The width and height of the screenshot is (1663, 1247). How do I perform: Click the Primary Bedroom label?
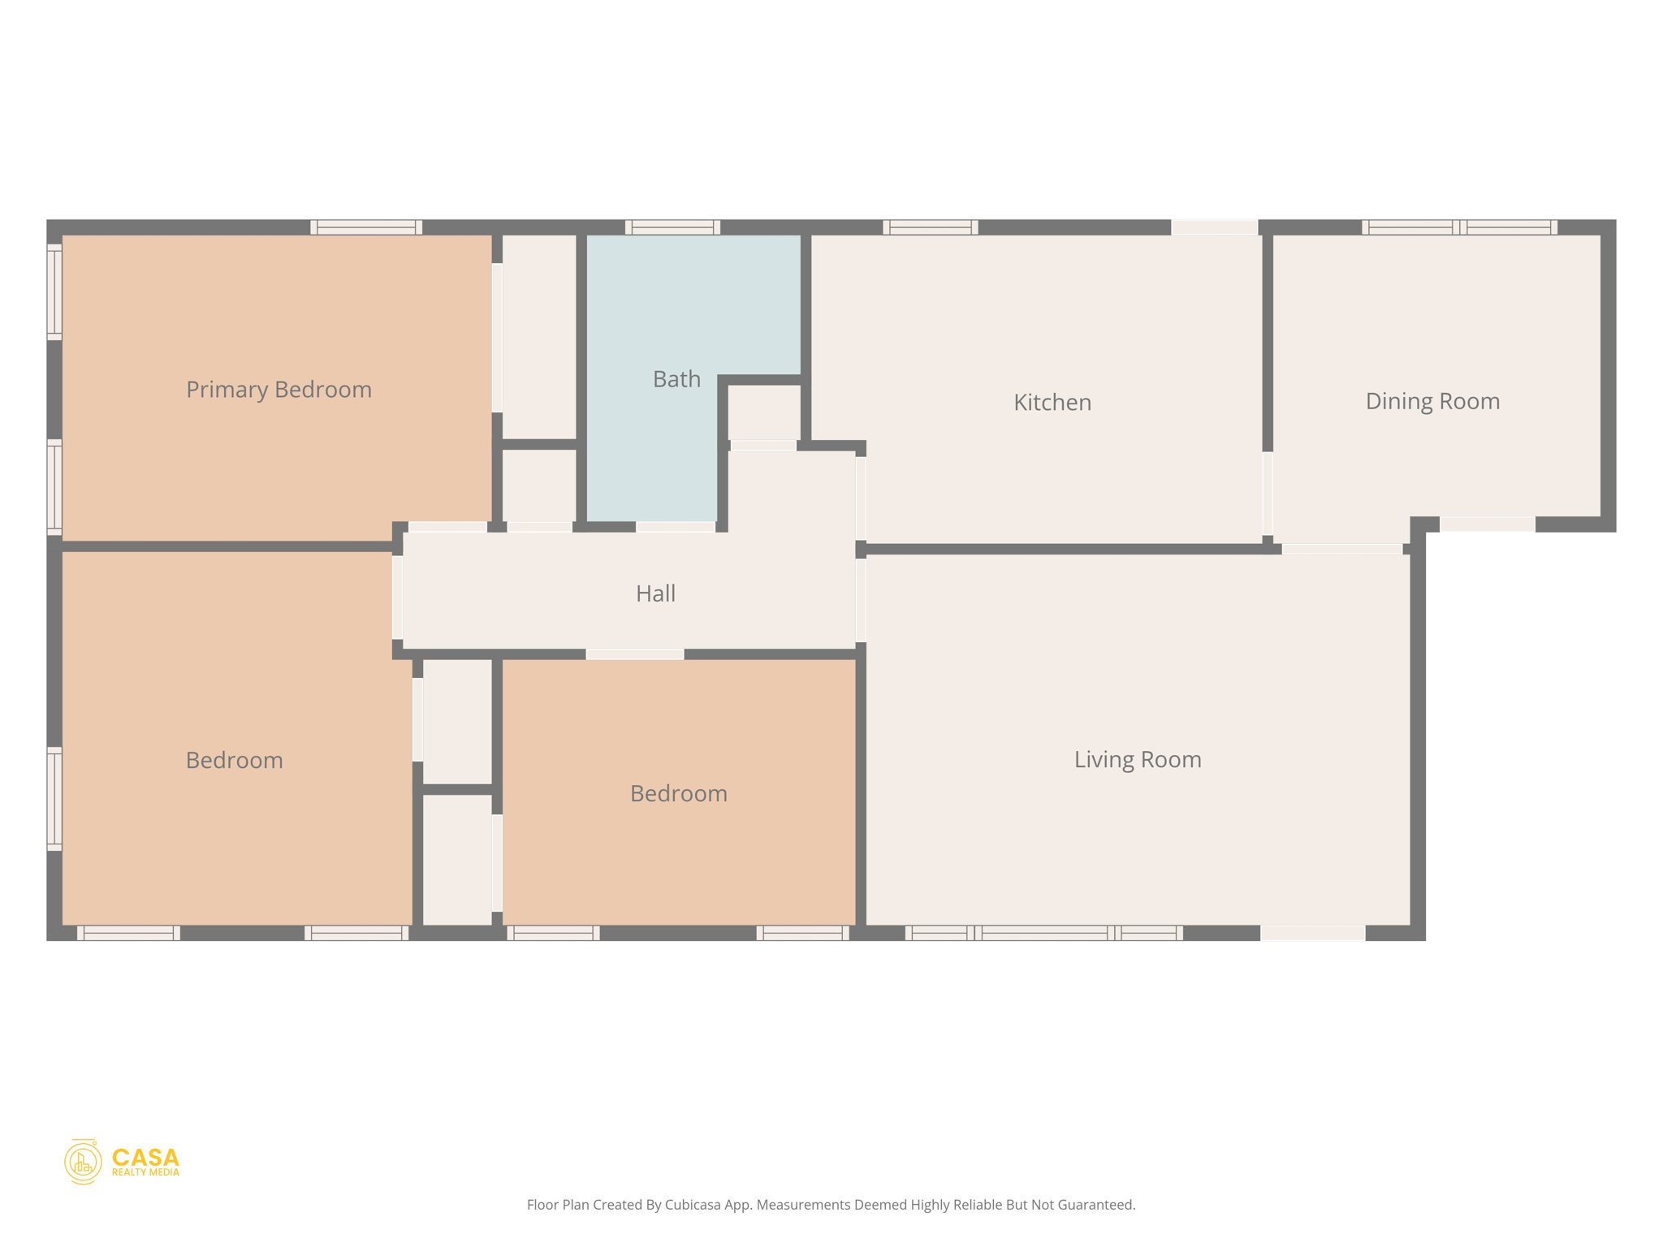279,390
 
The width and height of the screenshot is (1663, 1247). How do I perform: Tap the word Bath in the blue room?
676,379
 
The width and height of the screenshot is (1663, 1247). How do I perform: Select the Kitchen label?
1052,402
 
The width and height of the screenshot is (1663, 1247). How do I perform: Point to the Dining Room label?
1432,401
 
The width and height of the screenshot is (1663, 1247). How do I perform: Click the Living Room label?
1138,759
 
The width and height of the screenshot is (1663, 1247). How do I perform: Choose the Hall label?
655,593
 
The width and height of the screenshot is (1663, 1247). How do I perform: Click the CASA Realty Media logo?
122,1162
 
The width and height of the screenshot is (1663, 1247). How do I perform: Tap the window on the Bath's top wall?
672,227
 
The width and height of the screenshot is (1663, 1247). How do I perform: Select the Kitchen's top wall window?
931,227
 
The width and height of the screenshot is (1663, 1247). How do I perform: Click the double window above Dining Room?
1459,227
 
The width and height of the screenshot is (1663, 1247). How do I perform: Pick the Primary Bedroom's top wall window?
366,227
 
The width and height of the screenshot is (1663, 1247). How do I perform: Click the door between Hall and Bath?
676,527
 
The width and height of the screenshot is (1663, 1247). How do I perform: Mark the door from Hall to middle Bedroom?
635,654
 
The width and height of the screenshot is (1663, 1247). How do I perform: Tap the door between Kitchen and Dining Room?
1268,493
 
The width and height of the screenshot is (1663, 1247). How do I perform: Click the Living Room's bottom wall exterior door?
1312,933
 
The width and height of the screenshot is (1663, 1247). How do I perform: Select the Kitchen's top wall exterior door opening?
1214,227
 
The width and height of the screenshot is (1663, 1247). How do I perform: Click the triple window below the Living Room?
1043,933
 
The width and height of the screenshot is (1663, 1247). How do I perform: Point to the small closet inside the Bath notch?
764,412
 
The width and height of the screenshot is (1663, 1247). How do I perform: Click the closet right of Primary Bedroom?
539,337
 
